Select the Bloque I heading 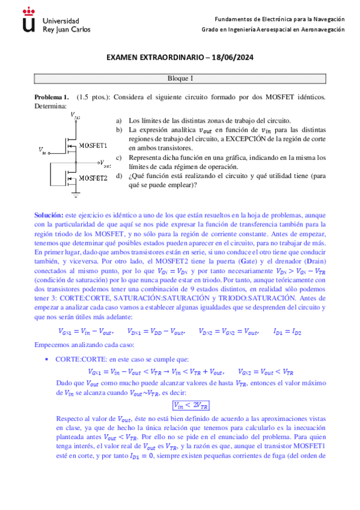click(x=180, y=78)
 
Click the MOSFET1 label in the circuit click(x=93, y=146)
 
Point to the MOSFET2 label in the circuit click(x=93, y=179)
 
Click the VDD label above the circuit click(x=75, y=114)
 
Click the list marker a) click(x=118, y=120)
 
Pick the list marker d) click(x=118, y=176)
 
